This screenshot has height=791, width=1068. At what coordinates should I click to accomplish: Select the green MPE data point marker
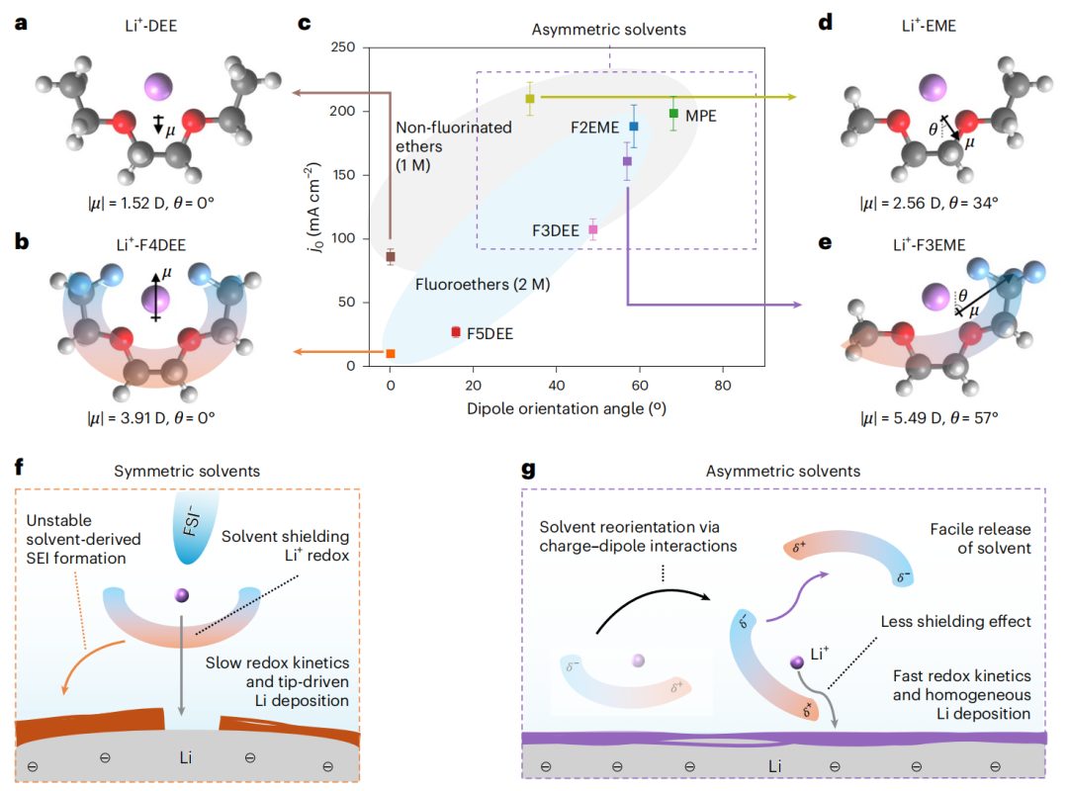673,114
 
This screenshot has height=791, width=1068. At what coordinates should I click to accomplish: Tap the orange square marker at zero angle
391,353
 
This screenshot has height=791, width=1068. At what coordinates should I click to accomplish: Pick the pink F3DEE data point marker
592,230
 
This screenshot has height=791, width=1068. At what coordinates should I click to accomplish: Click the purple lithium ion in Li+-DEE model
158,87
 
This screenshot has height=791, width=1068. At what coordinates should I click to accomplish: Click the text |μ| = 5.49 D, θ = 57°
929,417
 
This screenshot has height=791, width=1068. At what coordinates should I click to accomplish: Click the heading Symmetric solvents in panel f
187,471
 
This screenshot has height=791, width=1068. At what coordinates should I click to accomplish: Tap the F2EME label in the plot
595,128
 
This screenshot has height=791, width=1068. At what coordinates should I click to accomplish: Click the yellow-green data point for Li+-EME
530,99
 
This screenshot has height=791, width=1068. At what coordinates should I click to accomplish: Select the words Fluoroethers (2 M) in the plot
483,284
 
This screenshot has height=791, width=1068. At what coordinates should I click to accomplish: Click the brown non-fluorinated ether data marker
391,257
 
